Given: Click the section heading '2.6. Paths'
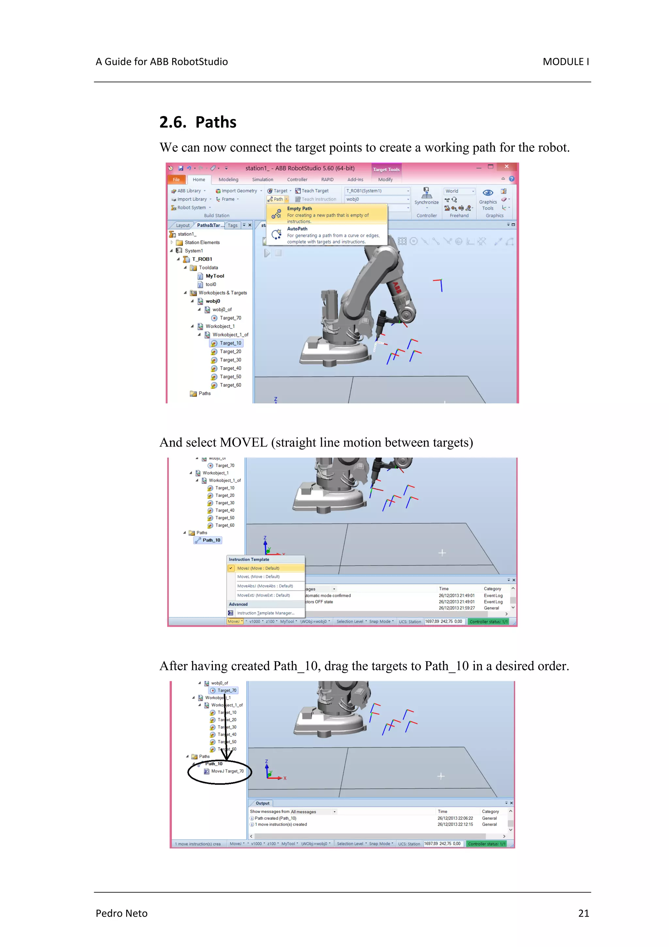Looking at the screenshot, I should pos(198,123).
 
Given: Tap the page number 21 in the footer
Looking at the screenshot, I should pos(583,913).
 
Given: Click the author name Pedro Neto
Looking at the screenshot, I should pos(122,913).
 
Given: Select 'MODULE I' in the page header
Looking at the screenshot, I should pos(565,62).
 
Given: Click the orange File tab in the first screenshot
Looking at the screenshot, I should pos(176,179).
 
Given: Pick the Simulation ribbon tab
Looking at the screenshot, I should pos(263,179).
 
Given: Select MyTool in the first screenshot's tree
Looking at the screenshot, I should pos(215,276).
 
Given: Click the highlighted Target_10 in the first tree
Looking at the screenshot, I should pos(230,343).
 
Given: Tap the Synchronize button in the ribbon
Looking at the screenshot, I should pos(427,196).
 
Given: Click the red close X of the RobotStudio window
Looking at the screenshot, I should pos(507,167).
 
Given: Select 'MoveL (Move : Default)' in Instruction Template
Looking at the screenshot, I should pos(258,577).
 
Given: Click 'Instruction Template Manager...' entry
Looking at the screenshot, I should pos(266,613).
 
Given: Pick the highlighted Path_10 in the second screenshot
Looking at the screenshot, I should pos(211,540).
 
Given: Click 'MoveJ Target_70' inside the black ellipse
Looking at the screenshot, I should pos(227,771).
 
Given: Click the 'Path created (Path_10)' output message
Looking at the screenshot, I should pos(275,818).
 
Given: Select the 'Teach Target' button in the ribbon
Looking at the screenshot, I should pos(315,191).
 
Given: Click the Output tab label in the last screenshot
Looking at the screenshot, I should pos(263,803).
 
